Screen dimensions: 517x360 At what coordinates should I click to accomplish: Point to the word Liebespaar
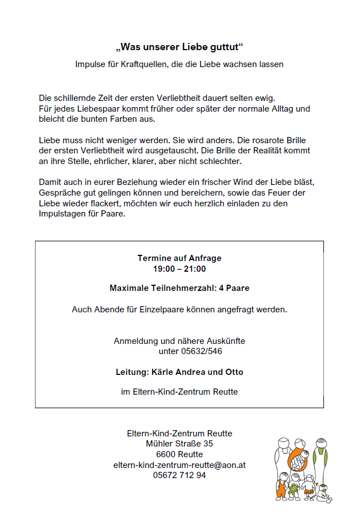click(82, 108)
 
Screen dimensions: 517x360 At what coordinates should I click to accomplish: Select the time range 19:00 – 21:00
click(179, 269)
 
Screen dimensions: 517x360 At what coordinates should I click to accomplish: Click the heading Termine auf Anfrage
click(179, 258)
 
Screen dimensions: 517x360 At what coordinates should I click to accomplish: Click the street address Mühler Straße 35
click(179, 444)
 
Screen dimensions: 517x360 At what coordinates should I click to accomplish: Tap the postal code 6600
click(166, 454)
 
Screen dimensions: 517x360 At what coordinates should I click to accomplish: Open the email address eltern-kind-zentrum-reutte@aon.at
click(179, 465)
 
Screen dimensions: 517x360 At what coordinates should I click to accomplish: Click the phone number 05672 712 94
click(179, 475)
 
